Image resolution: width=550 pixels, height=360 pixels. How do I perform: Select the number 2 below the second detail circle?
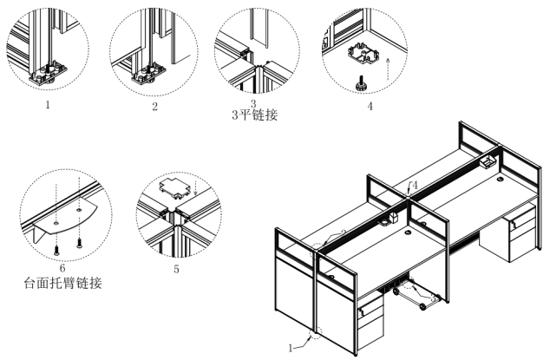[154, 107]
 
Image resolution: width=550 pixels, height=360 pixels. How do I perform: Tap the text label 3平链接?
[255, 114]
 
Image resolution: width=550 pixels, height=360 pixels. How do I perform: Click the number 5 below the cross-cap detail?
[176, 269]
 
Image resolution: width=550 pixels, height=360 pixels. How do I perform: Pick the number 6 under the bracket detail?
[62, 269]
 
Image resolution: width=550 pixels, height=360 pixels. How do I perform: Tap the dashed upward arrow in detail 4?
[389, 64]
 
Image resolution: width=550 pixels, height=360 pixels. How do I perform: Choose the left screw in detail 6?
[58, 243]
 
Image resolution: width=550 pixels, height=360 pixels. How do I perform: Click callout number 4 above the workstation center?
[415, 185]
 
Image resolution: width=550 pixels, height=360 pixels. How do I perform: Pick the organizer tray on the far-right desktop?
[485, 161]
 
